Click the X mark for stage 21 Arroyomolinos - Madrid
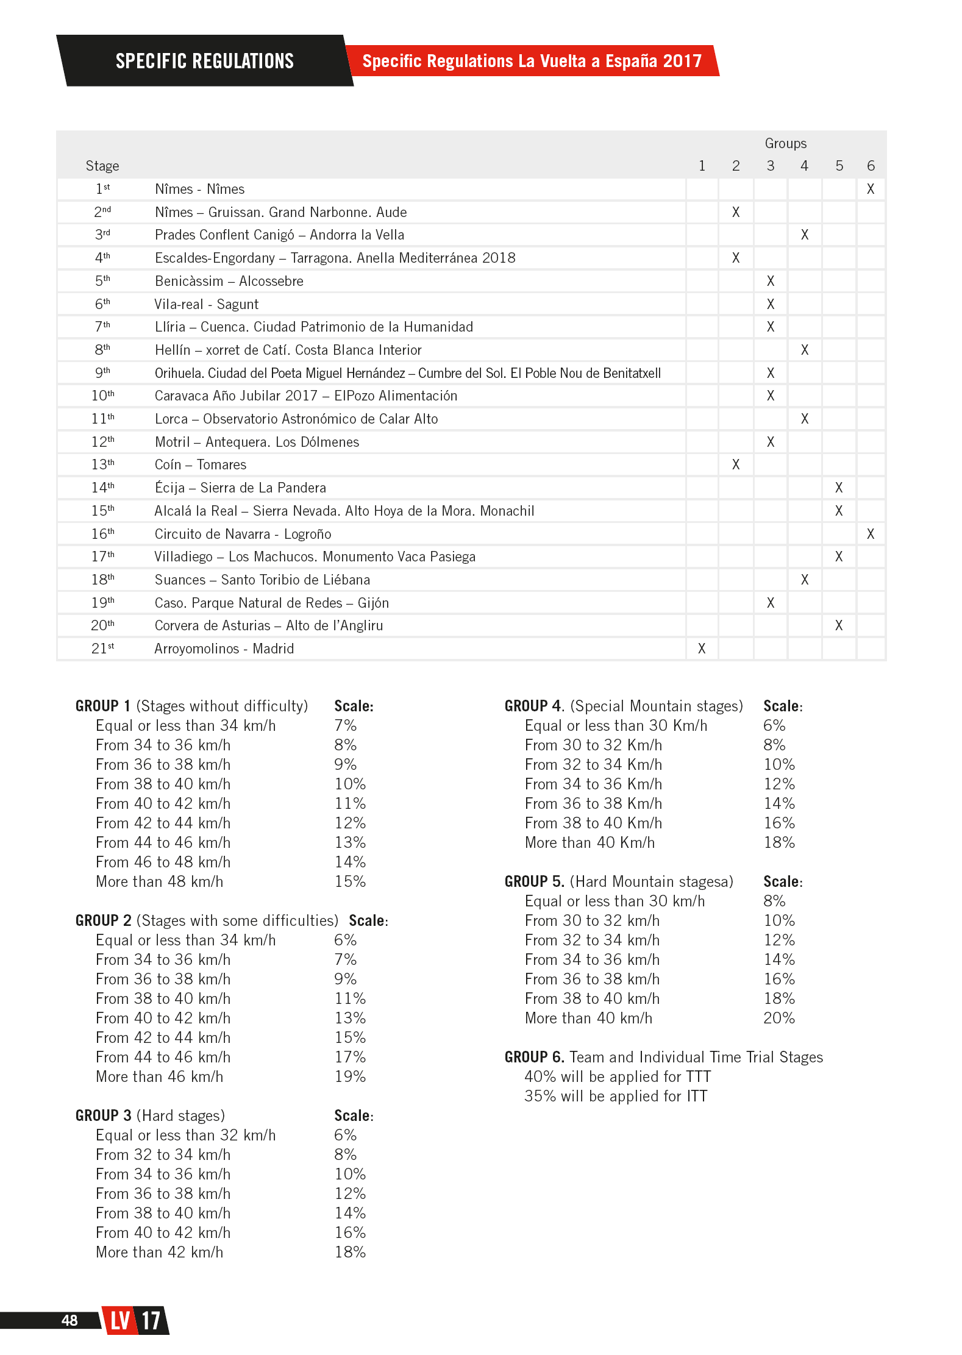(x=702, y=649)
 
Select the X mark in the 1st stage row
(x=871, y=189)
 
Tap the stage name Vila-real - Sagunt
(x=206, y=304)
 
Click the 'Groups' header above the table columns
(x=785, y=143)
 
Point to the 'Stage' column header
(x=102, y=166)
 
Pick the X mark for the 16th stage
(x=871, y=534)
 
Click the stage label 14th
(x=102, y=488)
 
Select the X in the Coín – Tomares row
(x=736, y=464)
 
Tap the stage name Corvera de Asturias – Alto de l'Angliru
(x=268, y=625)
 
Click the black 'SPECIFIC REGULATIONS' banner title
(x=204, y=61)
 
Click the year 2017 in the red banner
(x=682, y=61)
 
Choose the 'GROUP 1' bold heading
(x=102, y=706)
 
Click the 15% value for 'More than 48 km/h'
(x=350, y=881)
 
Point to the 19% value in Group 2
(x=350, y=1076)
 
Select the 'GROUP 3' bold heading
(x=103, y=1115)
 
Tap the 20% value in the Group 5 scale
(x=779, y=1018)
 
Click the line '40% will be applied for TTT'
(x=618, y=1076)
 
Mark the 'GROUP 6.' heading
(x=534, y=1057)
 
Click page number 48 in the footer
(x=69, y=1320)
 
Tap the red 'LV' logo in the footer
(x=120, y=1321)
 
